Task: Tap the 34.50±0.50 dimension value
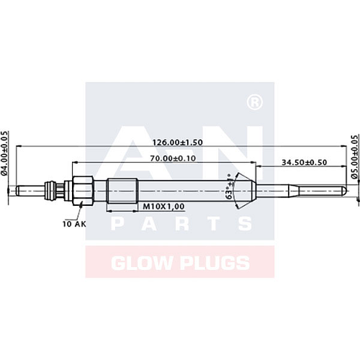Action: coord(305,163)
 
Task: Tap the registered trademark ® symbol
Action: coord(253,104)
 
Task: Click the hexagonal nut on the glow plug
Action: coord(81,191)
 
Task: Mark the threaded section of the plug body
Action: coord(121,191)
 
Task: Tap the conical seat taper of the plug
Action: coord(243,191)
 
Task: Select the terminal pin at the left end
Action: coord(29,191)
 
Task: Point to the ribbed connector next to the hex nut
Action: coord(52,191)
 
